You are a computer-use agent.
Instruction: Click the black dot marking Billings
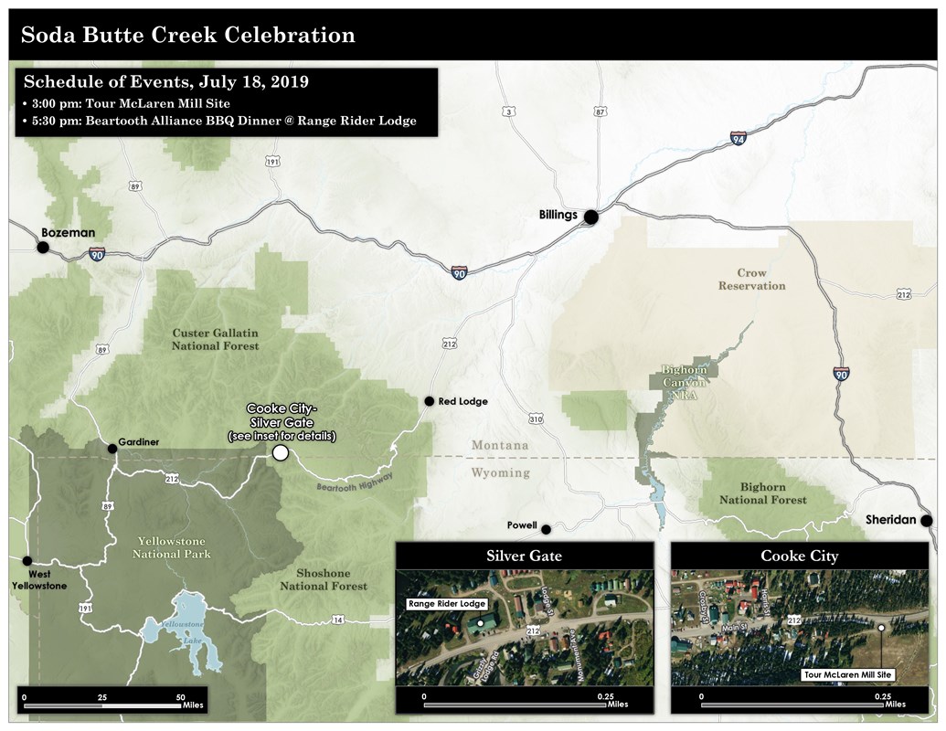(x=591, y=217)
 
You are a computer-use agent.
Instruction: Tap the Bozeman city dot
(x=42, y=247)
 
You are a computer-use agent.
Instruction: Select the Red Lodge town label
(x=463, y=401)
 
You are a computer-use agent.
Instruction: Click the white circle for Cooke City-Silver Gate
(x=281, y=452)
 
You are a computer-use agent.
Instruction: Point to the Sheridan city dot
(x=926, y=521)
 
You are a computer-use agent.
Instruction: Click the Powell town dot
(x=546, y=529)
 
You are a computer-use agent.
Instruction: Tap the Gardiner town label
(x=138, y=442)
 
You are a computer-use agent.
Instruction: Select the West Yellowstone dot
(x=27, y=561)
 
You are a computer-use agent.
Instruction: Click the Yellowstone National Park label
(x=171, y=547)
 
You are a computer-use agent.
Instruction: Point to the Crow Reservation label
(x=751, y=280)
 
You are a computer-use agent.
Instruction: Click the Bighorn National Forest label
(x=762, y=493)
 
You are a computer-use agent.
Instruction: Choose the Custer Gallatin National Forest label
(x=216, y=340)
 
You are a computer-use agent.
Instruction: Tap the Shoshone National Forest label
(x=324, y=579)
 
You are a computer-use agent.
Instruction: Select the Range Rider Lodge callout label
(x=447, y=604)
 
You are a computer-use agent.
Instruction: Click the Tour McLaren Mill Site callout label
(x=847, y=674)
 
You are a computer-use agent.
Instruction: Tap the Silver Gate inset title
(x=524, y=556)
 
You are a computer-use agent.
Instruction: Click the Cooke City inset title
(x=799, y=556)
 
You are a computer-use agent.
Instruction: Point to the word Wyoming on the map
(x=500, y=472)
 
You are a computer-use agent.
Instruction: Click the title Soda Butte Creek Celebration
(x=187, y=36)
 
